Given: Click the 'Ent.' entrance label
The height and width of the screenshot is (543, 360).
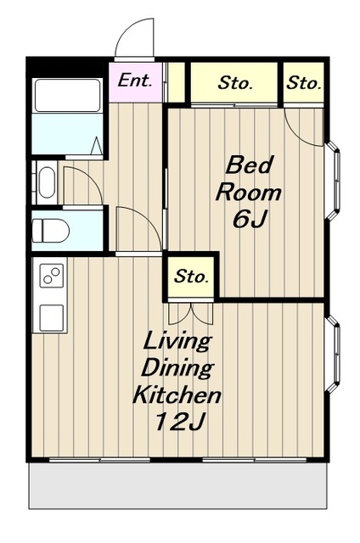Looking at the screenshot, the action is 135,81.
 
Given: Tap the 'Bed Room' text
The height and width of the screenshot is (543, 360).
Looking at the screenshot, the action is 249,179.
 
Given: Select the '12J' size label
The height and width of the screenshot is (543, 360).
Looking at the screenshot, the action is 181,421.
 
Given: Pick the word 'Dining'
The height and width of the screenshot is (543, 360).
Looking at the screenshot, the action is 177,368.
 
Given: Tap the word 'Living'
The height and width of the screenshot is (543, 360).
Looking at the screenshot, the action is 177,341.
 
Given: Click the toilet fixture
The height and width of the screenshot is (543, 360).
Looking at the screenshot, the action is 51,230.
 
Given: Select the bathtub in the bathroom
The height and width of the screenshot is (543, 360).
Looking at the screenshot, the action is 68,95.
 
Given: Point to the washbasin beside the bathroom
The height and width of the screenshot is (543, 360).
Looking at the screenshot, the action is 47,182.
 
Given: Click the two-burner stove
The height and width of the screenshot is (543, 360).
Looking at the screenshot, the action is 52,275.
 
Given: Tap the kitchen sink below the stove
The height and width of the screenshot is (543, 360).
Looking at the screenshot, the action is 52,318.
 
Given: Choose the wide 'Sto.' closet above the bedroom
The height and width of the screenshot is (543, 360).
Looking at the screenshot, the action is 234,82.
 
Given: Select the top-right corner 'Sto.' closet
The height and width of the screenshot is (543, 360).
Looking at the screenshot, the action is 303,82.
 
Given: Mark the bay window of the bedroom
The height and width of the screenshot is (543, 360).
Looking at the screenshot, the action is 334,180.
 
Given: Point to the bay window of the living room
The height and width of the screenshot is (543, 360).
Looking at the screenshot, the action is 334,353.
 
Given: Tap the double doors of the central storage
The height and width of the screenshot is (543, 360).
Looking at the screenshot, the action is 191,313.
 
